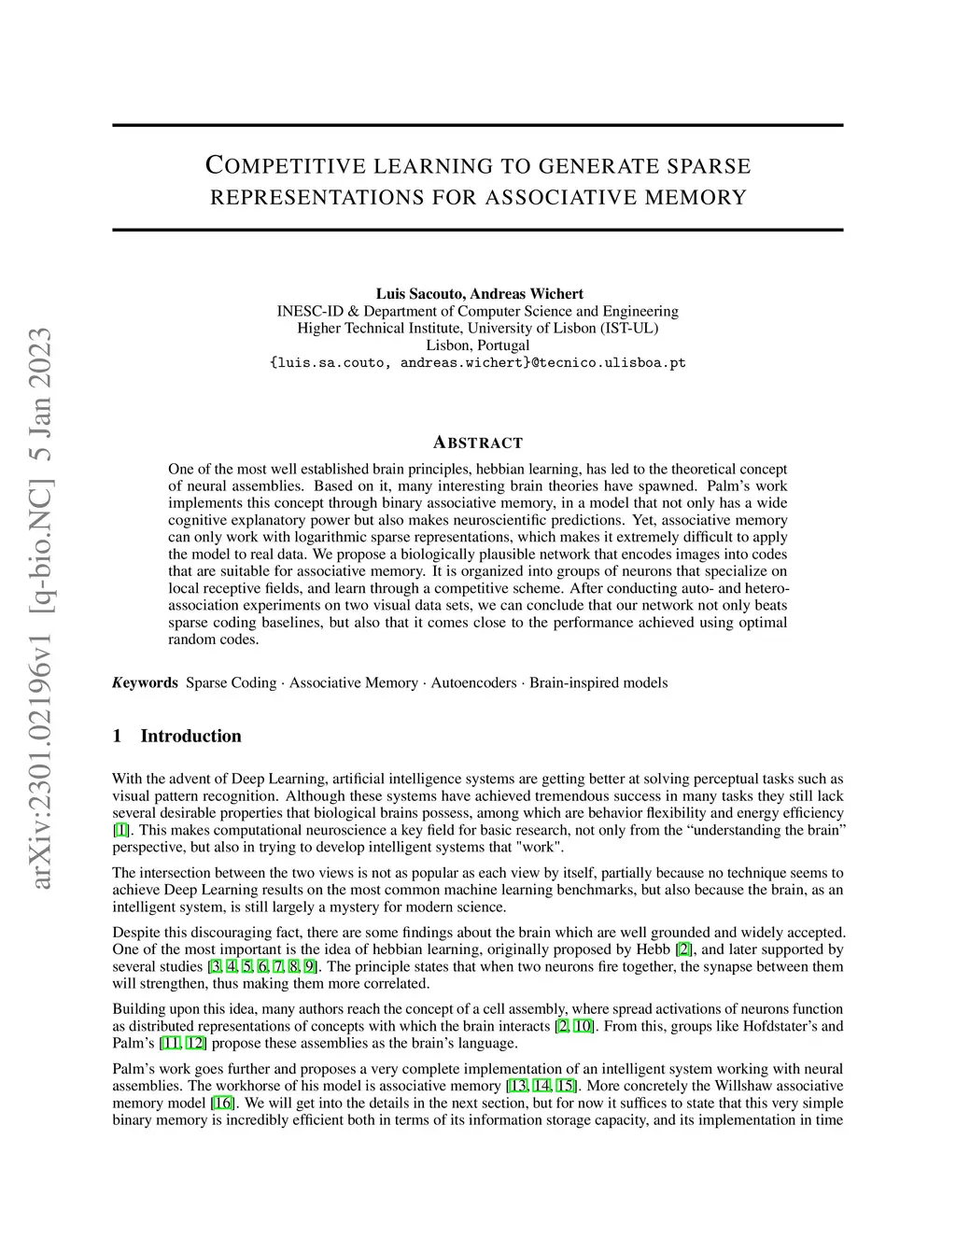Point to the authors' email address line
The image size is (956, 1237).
pos(477,362)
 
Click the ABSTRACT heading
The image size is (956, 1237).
pos(478,443)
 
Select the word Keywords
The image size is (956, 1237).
pos(145,682)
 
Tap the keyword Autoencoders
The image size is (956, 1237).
pos(473,682)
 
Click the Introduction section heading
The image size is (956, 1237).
pos(190,736)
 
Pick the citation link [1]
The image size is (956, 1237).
pos(120,830)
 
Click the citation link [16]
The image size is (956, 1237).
pos(222,1103)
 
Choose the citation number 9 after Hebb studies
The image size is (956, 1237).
pos(309,966)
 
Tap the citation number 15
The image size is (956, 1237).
pos(565,1086)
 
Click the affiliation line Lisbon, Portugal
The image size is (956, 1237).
pos(477,345)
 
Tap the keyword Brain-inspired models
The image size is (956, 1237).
pos(598,682)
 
